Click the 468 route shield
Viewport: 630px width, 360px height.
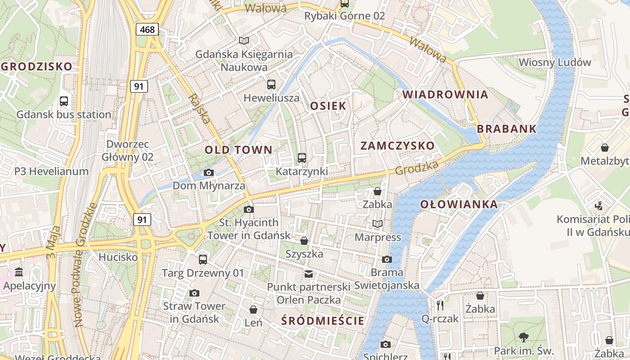(x=147, y=30)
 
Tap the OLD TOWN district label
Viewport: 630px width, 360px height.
(x=238, y=150)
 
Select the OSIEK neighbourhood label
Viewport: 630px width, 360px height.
(x=328, y=106)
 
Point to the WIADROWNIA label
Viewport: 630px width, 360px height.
(x=445, y=94)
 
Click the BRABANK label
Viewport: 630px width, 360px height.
(x=507, y=129)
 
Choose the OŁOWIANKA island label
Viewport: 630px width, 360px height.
(x=459, y=204)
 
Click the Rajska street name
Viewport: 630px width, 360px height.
(x=199, y=109)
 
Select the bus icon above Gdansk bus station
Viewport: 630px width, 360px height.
(x=64, y=101)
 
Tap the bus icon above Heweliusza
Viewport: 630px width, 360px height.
(x=271, y=84)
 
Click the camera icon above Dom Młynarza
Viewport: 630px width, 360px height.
(x=209, y=172)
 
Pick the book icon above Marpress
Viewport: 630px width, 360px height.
(x=378, y=224)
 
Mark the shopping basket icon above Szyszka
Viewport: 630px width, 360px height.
(x=304, y=241)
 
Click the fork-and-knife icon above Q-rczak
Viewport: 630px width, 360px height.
(x=440, y=306)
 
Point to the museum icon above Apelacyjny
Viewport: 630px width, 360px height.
(x=19, y=272)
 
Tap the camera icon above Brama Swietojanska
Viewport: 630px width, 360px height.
(x=387, y=259)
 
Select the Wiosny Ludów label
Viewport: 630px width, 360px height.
(x=554, y=62)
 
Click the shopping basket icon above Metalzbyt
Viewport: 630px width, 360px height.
(x=605, y=148)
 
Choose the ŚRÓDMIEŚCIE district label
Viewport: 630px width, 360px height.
(x=323, y=321)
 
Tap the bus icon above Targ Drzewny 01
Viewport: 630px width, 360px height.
(x=203, y=259)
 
